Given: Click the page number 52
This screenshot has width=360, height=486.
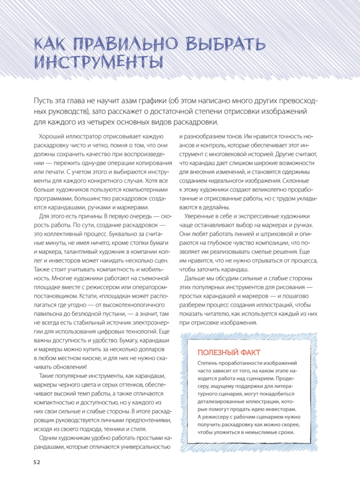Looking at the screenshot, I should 37,462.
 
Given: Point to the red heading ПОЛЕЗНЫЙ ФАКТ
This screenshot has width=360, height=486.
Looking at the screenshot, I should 229,353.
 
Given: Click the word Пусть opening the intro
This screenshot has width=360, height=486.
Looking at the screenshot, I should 44,101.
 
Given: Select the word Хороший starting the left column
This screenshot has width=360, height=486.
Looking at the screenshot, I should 51,136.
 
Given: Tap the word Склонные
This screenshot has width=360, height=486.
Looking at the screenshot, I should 296,181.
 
